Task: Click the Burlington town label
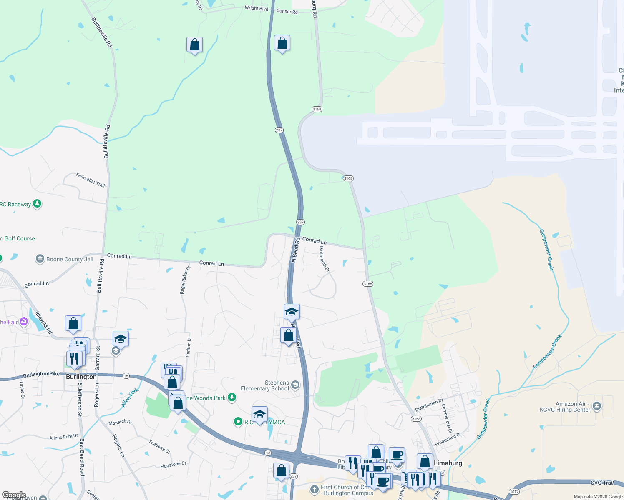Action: pyautogui.click(x=81, y=377)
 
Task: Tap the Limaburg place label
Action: pyautogui.click(x=448, y=463)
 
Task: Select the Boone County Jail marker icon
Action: pyautogui.click(x=40, y=259)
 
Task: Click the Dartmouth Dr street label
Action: pyautogui.click(x=324, y=259)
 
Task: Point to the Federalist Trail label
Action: pyautogui.click(x=91, y=180)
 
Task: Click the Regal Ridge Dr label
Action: pyautogui.click(x=185, y=280)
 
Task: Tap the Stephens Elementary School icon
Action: pyautogui.click(x=295, y=385)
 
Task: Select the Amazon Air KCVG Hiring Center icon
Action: pyautogui.click(x=597, y=406)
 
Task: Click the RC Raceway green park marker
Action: pyautogui.click(x=38, y=204)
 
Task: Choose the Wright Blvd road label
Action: pyautogui.click(x=257, y=8)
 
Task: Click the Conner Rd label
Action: pyautogui.click(x=287, y=11)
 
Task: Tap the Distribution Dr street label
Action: pyautogui.click(x=429, y=405)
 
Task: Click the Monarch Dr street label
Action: pyautogui.click(x=120, y=422)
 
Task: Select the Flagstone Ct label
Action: pyautogui.click(x=173, y=465)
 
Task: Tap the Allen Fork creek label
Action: pyautogui.click(x=130, y=398)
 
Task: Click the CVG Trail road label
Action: pyautogui.click(x=602, y=482)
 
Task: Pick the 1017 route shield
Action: pyautogui.click(x=514, y=492)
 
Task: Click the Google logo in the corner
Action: pyautogui.click(x=14, y=495)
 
